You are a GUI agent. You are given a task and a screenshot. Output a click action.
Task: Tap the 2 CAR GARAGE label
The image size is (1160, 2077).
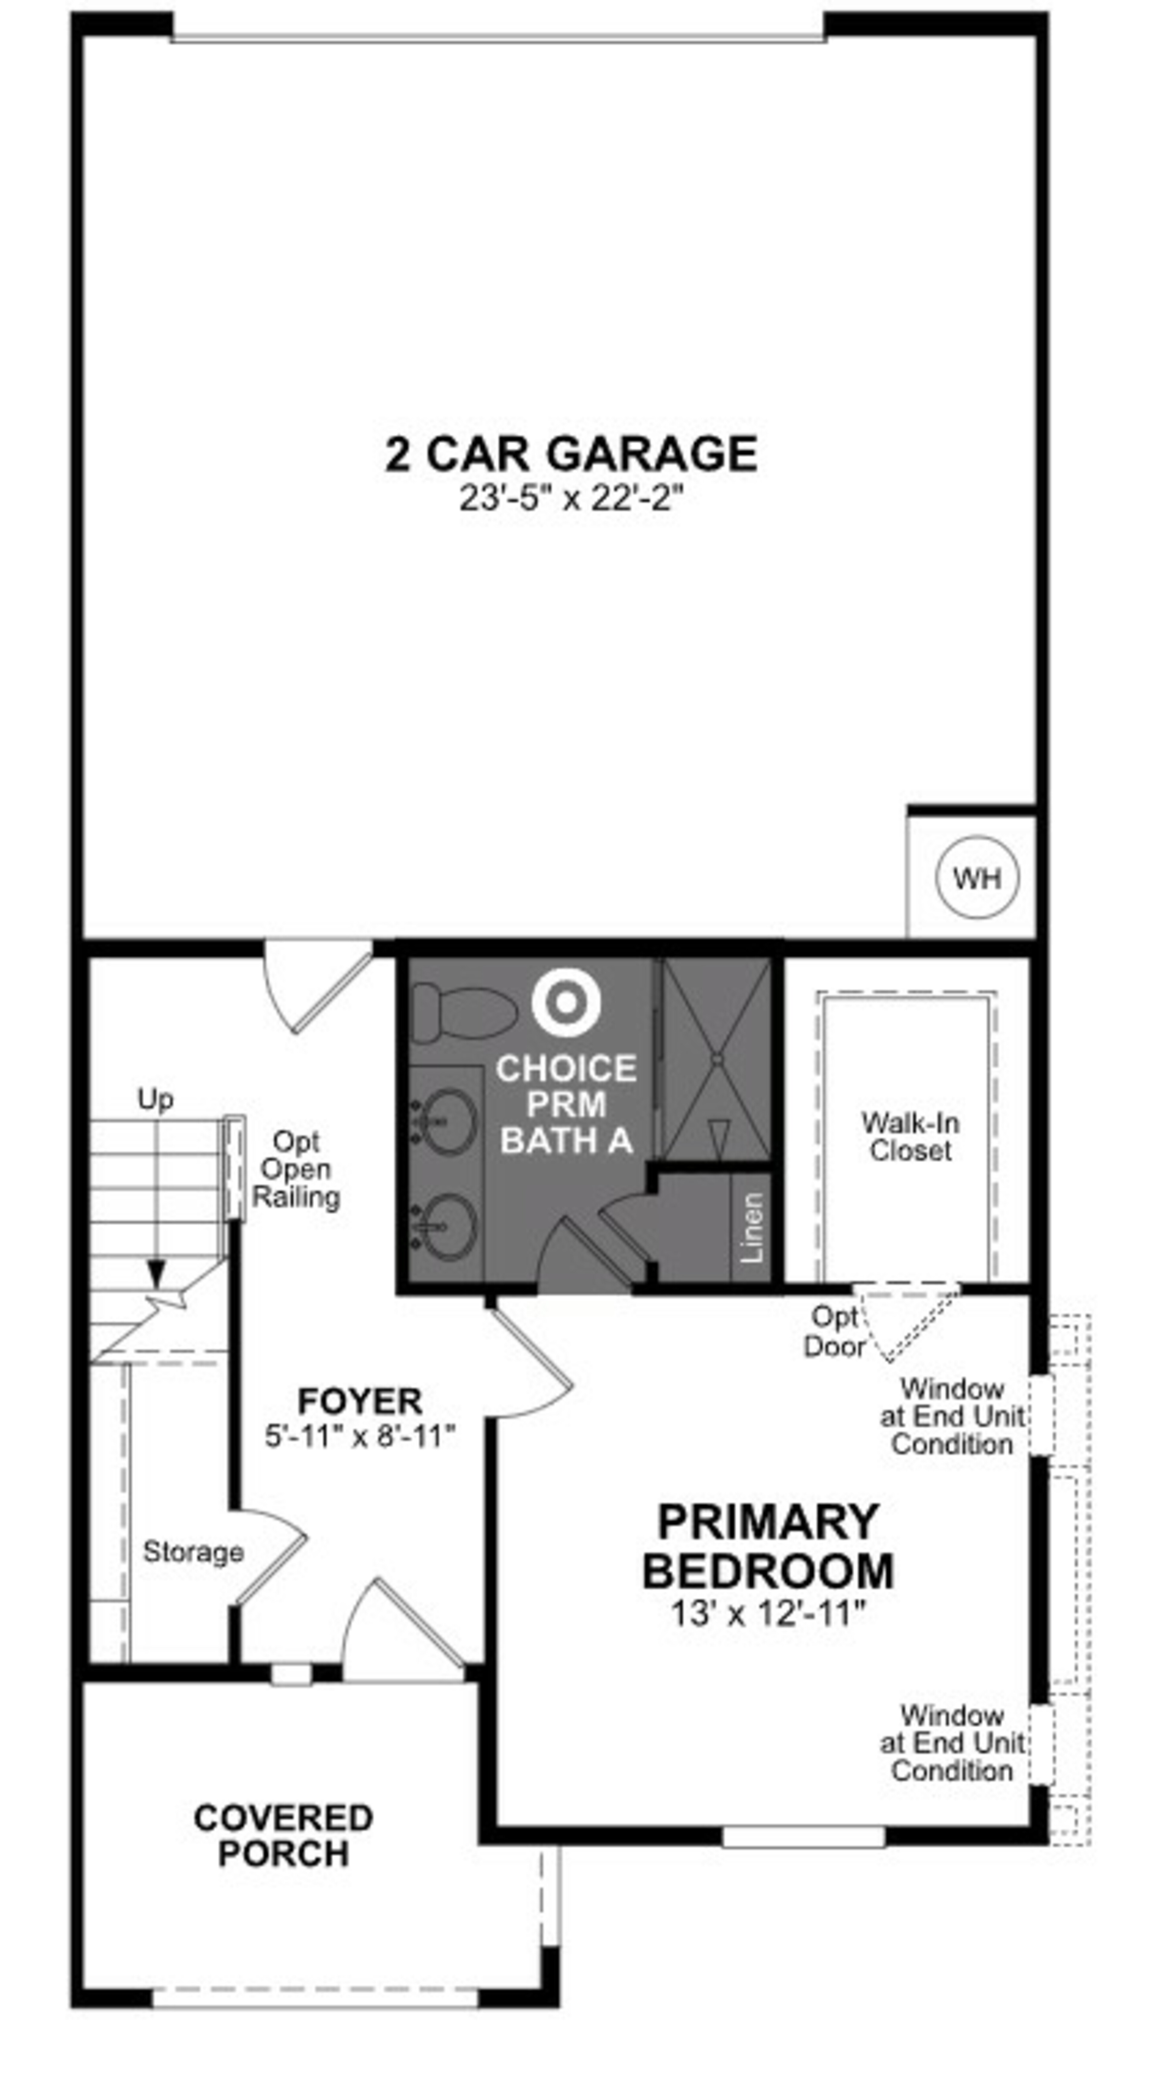pos(571,454)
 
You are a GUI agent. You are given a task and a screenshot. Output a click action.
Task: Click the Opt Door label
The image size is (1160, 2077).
pos(834,1331)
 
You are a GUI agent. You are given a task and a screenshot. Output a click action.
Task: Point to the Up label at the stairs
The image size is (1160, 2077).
pos(155,1099)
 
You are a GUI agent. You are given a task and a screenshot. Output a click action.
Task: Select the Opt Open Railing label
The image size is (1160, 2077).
pos(296,1169)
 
